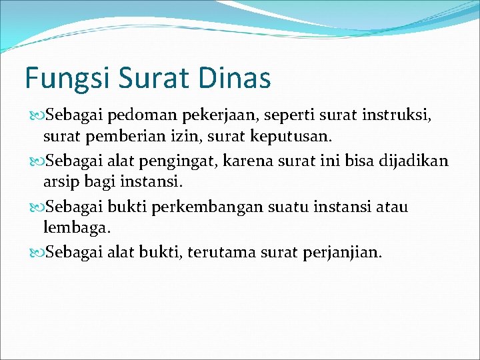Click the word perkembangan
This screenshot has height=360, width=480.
click(x=206, y=207)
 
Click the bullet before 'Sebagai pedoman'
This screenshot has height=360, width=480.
click(x=35, y=116)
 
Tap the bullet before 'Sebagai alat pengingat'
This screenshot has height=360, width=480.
click(x=35, y=161)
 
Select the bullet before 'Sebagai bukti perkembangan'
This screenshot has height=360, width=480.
click(x=35, y=207)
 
